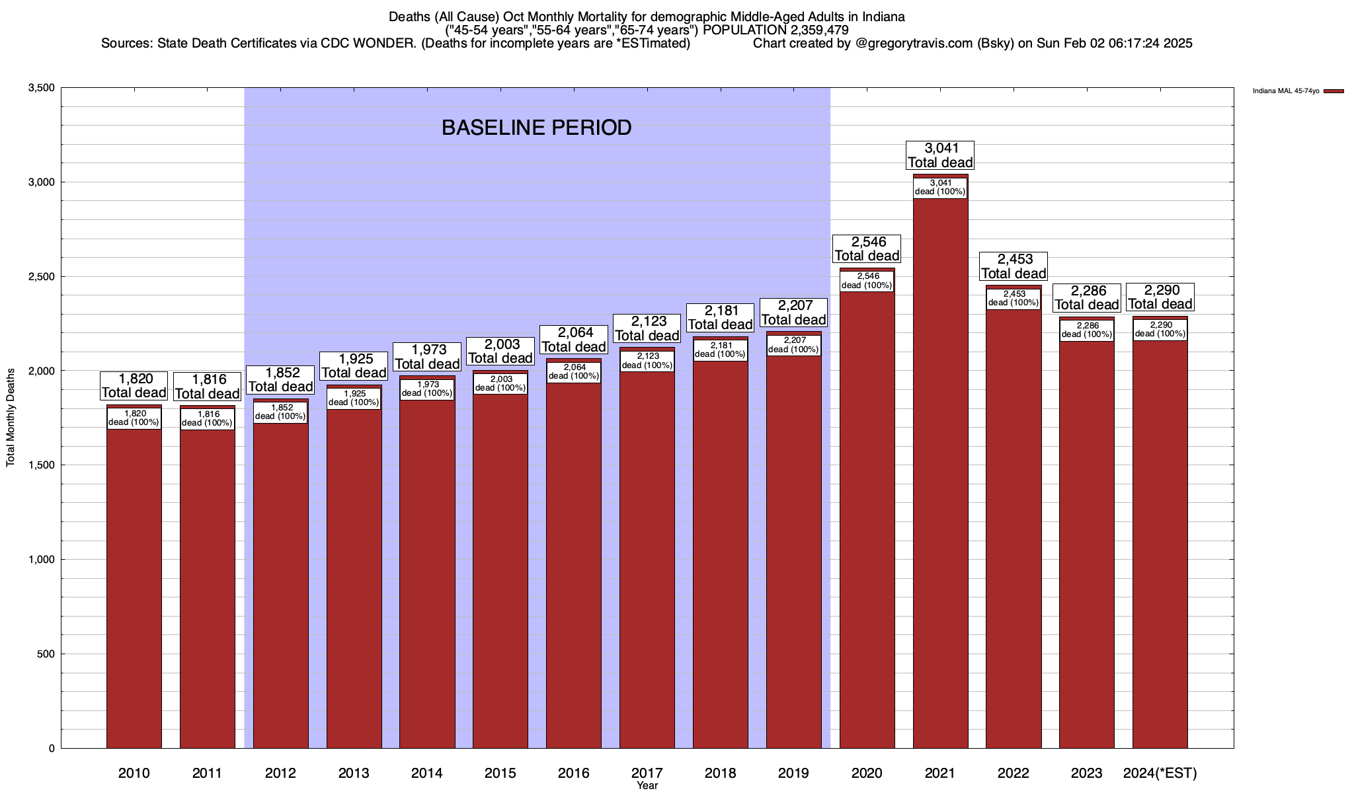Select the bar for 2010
coord(134,588)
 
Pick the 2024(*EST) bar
coord(1160,542)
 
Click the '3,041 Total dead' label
coord(940,155)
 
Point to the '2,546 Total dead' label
coord(867,249)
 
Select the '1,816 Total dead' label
coord(208,387)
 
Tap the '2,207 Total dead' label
coord(793,313)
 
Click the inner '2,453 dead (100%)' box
coord(1014,298)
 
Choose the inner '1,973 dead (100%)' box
coord(427,389)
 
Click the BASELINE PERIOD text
coord(536,128)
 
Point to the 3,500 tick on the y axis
coord(42,88)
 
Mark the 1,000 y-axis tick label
coord(42,560)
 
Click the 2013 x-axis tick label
coord(354,773)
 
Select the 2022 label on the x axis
coord(1014,773)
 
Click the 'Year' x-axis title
coord(647,786)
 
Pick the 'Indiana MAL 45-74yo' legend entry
coord(1286,91)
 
